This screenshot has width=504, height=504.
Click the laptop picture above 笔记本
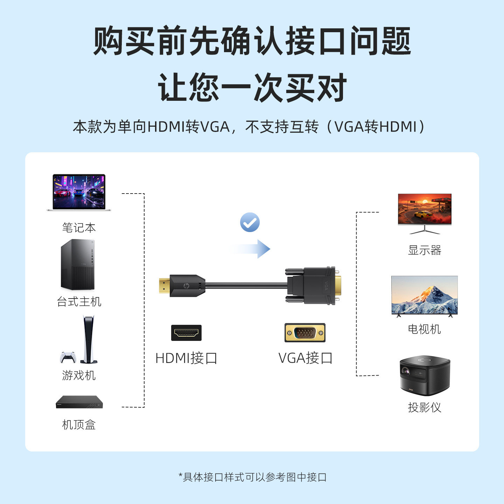[x=79, y=192]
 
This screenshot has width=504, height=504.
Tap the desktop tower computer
[x=78, y=265]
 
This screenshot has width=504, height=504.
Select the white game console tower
[x=89, y=339]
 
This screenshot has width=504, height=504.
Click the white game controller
[x=68, y=357]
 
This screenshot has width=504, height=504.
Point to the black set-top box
[x=79, y=402]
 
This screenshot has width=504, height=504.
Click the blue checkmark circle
[x=250, y=222]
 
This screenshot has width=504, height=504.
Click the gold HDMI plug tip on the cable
[x=164, y=286]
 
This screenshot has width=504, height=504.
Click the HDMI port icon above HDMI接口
[x=186, y=333]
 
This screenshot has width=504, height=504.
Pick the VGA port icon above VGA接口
[x=305, y=332]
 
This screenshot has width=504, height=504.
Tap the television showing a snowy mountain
[x=424, y=296]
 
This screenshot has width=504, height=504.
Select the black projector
[x=425, y=376]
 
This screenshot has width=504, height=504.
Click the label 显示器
[x=425, y=250]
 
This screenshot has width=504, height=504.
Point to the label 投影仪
[x=425, y=407]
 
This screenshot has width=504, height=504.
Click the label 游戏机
[x=79, y=376]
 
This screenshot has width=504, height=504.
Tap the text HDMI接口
[x=186, y=358]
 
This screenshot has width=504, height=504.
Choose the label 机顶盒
[x=79, y=425]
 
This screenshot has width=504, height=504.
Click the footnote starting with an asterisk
[x=252, y=477]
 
